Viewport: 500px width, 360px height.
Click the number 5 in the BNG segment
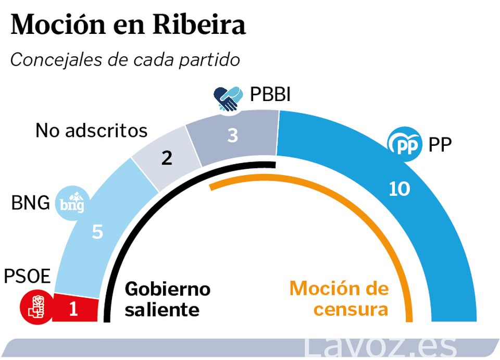[x=97, y=232]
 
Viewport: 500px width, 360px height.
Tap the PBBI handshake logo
[x=228, y=98]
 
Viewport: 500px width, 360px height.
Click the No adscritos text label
[x=92, y=130]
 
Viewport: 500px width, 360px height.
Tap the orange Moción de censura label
[x=339, y=299]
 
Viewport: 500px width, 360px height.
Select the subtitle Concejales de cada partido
[x=125, y=60]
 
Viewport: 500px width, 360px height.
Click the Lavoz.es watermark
[x=380, y=346]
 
